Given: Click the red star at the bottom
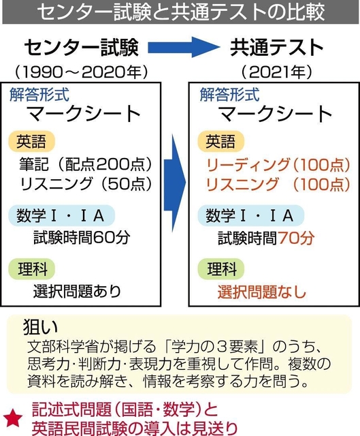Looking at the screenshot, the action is pyautogui.click(x=12, y=418).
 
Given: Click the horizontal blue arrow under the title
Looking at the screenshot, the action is pyautogui.click(x=183, y=47).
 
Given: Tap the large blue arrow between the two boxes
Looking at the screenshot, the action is pyautogui.click(x=174, y=183).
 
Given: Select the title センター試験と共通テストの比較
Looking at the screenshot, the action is pyautogui.click(x=180, y=12).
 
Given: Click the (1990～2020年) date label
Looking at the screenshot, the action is pyautogui.click(x=81, y=72).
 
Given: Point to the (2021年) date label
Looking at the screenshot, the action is pyautogui.click(x=277, y=72).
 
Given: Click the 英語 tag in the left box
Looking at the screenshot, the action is pyautogui.click(x=31, y=141).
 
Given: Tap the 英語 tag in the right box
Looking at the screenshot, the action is pyautogui.click(x=220, y=141).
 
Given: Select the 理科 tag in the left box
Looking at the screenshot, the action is pyautogui.click(x=32, y=269).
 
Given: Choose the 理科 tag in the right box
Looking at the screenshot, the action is pyautogui.click(x=221, y=269).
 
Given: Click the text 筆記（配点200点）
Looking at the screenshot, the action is pyautogui.click(x=86, y=164).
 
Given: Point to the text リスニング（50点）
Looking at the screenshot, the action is pyautogui.click(x=86, y=184).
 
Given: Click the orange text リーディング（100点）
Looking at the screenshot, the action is pyautogui.click(x=278, y=164).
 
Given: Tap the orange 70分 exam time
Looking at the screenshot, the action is pyautogui.click(x=296, y=238).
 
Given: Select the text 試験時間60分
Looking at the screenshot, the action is pyautogui.click(x=82, y=238).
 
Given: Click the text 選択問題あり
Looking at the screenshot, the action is pyautogui.click(x=77, y=292).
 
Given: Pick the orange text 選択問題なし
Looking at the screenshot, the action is pyautogui.click(x=262, y=292).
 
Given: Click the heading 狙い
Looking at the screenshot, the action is pyautogui.click(x=41, y=326).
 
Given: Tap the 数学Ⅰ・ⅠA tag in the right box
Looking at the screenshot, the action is pyautogui.click(x=250, y=215).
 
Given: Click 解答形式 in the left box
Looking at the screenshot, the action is pyautogui.click(x=39, y=95).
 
